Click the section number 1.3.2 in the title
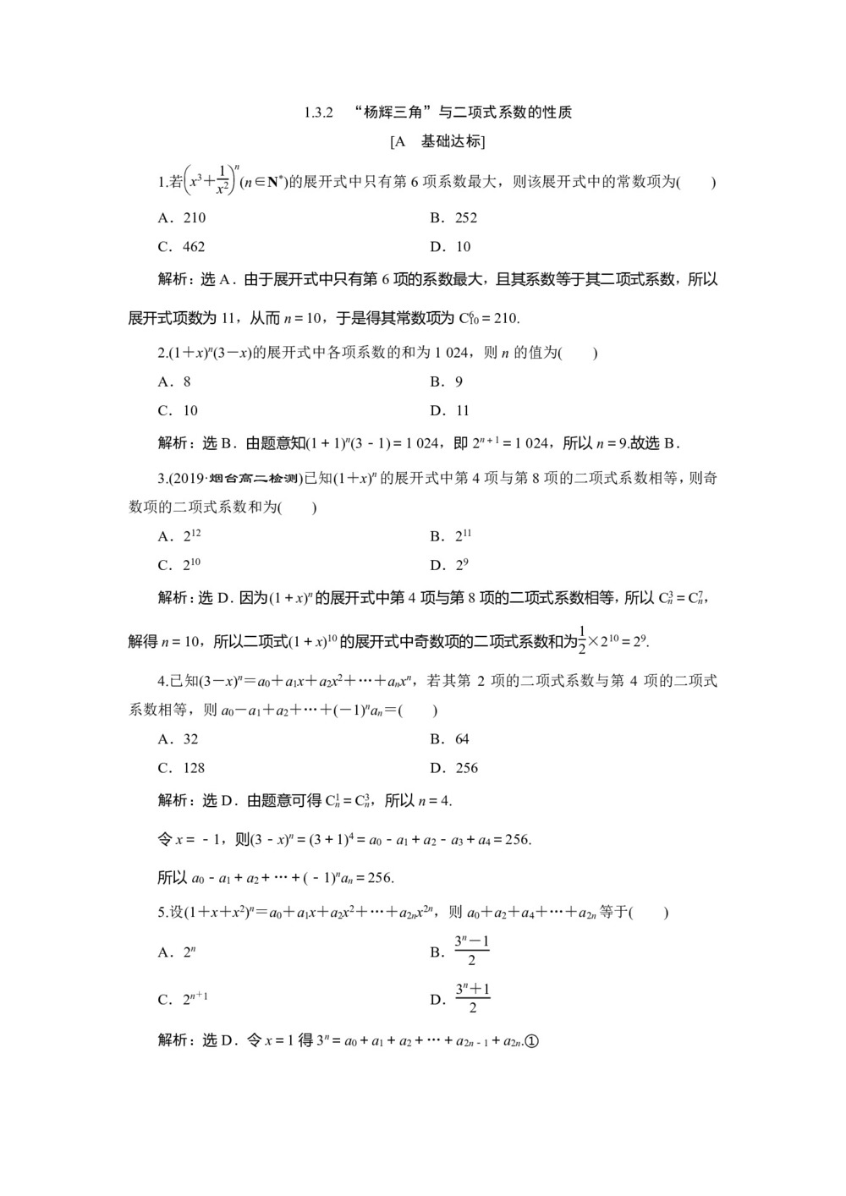point(320,112)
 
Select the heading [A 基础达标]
point(437,142)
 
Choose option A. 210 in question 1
point(182,217)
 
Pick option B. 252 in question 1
point(453,217)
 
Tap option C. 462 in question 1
point(182,247)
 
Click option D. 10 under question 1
point(450,247)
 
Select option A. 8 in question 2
point(174,381)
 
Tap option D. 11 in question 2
point(449,411)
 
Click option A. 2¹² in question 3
point(179,535)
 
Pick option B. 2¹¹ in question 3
point(451,535)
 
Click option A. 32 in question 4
point(179,739)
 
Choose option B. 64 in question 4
point(449,739)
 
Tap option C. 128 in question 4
point(182,768)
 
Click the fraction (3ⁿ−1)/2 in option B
point(472,951)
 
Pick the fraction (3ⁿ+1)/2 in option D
point(472,998)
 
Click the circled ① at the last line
point(531,1041)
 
